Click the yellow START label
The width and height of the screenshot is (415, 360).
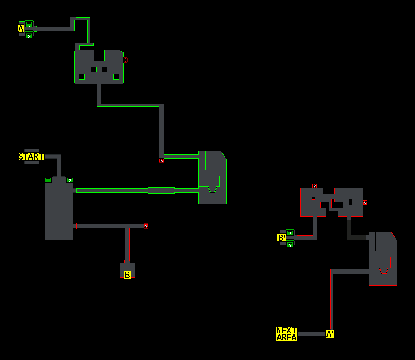point(31,156)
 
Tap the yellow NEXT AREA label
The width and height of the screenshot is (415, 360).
point(287,334)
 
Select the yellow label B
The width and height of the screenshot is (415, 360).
point(128,275)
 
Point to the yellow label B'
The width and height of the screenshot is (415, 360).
point(282,238)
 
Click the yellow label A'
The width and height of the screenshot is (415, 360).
point(330,334)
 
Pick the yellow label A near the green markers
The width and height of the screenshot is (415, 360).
point(21,29)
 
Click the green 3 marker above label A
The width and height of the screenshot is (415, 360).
point(29,24)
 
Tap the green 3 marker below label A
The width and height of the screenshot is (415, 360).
point(29,35)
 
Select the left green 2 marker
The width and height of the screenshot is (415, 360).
point(48,180)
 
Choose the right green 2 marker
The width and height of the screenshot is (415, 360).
point(70,180)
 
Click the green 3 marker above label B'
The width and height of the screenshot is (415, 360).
point(290,233)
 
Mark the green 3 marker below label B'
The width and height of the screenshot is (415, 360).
point(290,245)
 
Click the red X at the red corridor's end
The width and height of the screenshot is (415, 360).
point(146,226)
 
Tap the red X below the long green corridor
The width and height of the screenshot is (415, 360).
point(162,161)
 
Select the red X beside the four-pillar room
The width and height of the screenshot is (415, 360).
point(126,60)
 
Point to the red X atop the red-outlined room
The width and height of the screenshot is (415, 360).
point(315,186)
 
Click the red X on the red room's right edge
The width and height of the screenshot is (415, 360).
point(365,203)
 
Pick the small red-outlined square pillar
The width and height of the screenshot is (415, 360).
point(313,198)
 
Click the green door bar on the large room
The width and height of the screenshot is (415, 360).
point(77,191)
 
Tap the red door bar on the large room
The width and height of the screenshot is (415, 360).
point(77,226)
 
